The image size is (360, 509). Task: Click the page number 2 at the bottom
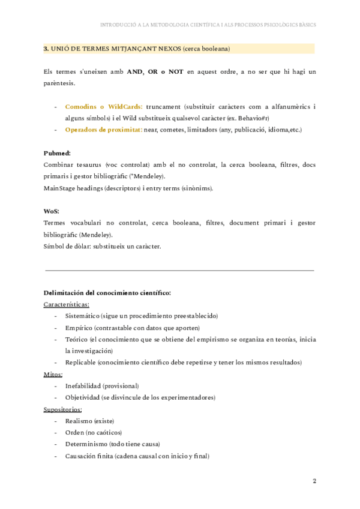pos(314,481)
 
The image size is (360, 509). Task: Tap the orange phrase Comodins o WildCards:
pos(103,106)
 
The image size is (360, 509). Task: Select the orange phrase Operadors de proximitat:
pos(103,130)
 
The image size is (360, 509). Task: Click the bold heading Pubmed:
pos(57,153)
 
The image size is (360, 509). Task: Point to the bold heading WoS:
pos(51,211)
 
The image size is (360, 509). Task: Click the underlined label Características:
pos(66,304)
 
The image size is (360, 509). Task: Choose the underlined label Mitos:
pos(53,374)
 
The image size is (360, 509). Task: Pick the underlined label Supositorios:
pos(62,409)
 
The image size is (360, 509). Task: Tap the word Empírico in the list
pos(78,328)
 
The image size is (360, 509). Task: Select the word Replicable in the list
pos(80,363)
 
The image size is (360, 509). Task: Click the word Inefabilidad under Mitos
pos(83,386)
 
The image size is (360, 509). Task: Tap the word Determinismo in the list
pos(86,444)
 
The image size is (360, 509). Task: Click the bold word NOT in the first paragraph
pos(176,71)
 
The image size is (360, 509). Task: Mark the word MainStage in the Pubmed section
pos(60,188)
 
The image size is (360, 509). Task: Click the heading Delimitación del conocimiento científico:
pos(107,293)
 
